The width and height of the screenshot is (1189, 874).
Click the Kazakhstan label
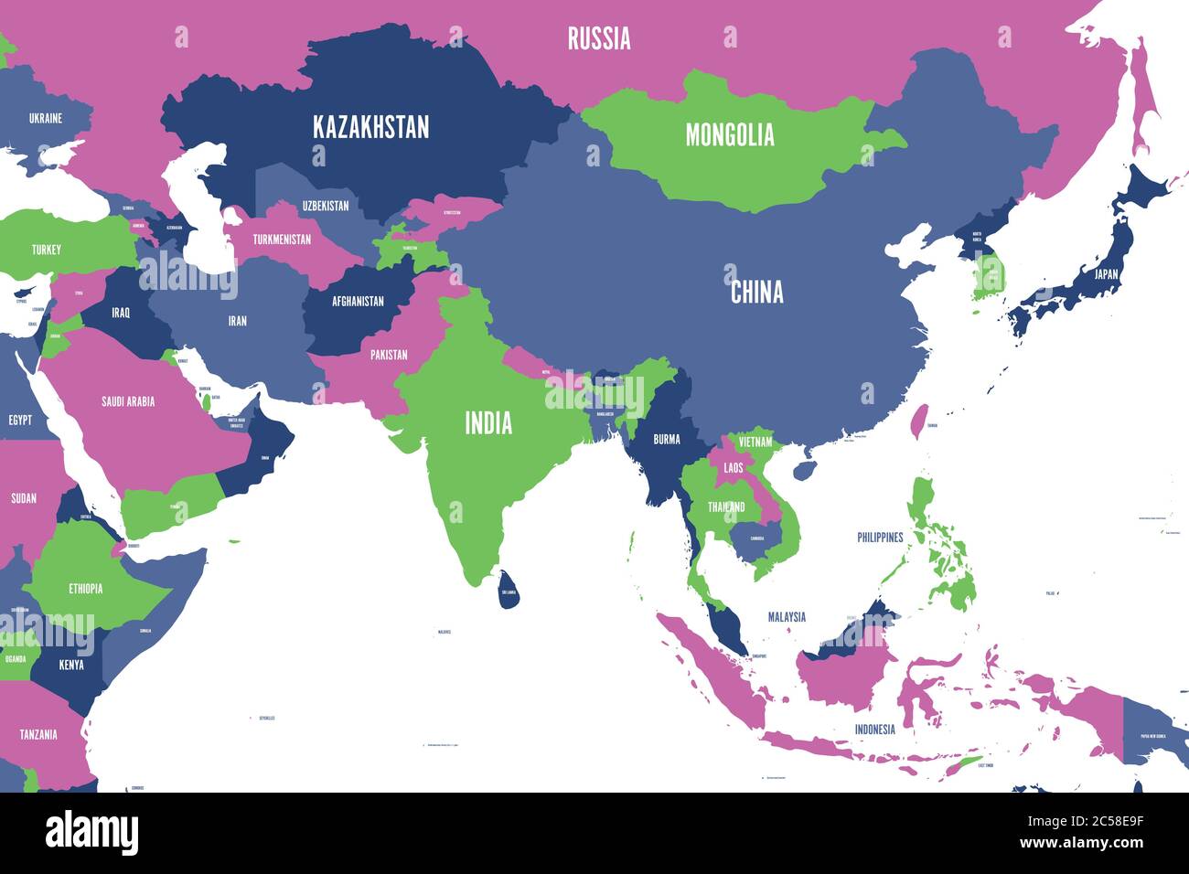pyautogui.click(x=370, y=127)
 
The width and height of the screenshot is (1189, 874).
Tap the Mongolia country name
pyautogui.click(x=730, y=135)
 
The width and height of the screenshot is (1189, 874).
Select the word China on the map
pyautogui.click(x=756, y=292)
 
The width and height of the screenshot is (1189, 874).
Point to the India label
pyautogui.click(x=488, y=423)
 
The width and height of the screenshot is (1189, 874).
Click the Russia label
pyautogui.click(x=598, y=38)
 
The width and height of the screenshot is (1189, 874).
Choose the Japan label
pyautogui.click(x=1106, y=272)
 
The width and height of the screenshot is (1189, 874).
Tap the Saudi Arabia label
pyautogui.click(x=128, y=401)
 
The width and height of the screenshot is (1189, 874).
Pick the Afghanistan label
pyautogui.click(x=358, y=301)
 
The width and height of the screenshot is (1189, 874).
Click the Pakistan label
pyautogui.click(x=389, y=355)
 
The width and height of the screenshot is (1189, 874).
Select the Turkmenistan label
pyautogui.click(x=282, y=240)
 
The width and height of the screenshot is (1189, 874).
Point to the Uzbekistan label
pyautogui.click(x=326, y=206)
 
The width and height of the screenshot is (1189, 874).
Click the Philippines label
pyautogui.click(x=880, y=538)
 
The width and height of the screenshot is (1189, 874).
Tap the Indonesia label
pyautogui.click(x=874, y=730)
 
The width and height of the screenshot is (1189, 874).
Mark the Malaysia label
pyautogui.click(x=787, y=617)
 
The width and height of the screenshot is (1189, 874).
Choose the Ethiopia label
pyautogui.click(x=85, y=589)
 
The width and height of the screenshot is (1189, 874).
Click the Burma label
pyautogui.click(x=666, y=439)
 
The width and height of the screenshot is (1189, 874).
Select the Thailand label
pyautogui.click(x=726, y=507)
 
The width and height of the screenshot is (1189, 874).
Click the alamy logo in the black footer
pyautogui.click(x=91, y=832)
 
